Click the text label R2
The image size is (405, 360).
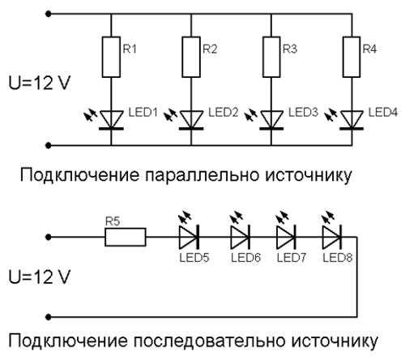point(210,49)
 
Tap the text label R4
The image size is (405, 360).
point(369,49)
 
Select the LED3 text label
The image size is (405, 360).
point(304,112)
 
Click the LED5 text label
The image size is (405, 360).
point(194,258)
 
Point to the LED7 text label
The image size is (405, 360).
point(292,258)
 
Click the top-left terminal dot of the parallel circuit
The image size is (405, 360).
point(49,14)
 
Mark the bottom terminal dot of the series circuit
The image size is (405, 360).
point(49,316)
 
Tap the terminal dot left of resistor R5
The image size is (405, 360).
point(49,238)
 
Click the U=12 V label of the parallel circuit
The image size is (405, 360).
point(40,83)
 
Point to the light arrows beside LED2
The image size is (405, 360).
point(171,114)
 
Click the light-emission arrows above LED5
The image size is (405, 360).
point(185,216)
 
